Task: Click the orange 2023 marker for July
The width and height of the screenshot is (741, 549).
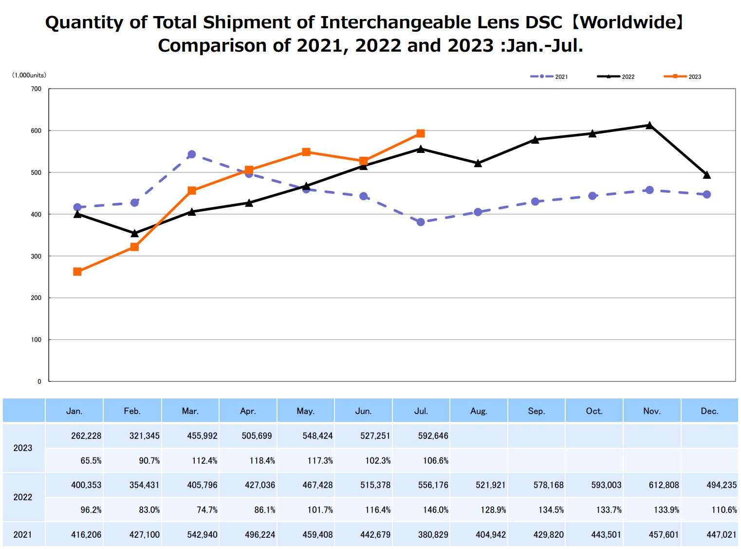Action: (421, 133)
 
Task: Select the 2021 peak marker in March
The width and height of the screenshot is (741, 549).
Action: (191, 154)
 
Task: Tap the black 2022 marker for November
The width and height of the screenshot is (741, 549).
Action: (649, 126)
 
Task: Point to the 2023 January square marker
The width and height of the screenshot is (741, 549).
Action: (77, 272)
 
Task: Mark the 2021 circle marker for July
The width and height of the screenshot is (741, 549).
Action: (421, 222)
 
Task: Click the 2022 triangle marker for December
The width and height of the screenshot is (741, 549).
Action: (707, 175)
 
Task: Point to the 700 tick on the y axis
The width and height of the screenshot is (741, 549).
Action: (36, 89)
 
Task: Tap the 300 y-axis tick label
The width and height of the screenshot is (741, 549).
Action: (36, 256)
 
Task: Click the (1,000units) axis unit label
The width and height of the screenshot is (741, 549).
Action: (29, 75)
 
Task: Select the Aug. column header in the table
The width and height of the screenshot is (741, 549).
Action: (479, 411)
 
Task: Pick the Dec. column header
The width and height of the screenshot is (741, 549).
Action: (709, 411)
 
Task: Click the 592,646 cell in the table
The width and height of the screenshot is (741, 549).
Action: (433, 436)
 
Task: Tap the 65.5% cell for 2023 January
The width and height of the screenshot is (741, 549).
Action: (91, 461)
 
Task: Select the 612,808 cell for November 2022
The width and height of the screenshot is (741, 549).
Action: (664, 485)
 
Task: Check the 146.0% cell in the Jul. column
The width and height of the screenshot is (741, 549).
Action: (436, 510)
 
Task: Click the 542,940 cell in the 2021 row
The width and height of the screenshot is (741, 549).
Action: (202, 535)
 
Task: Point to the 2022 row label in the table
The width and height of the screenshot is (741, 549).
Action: (23, 497)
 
